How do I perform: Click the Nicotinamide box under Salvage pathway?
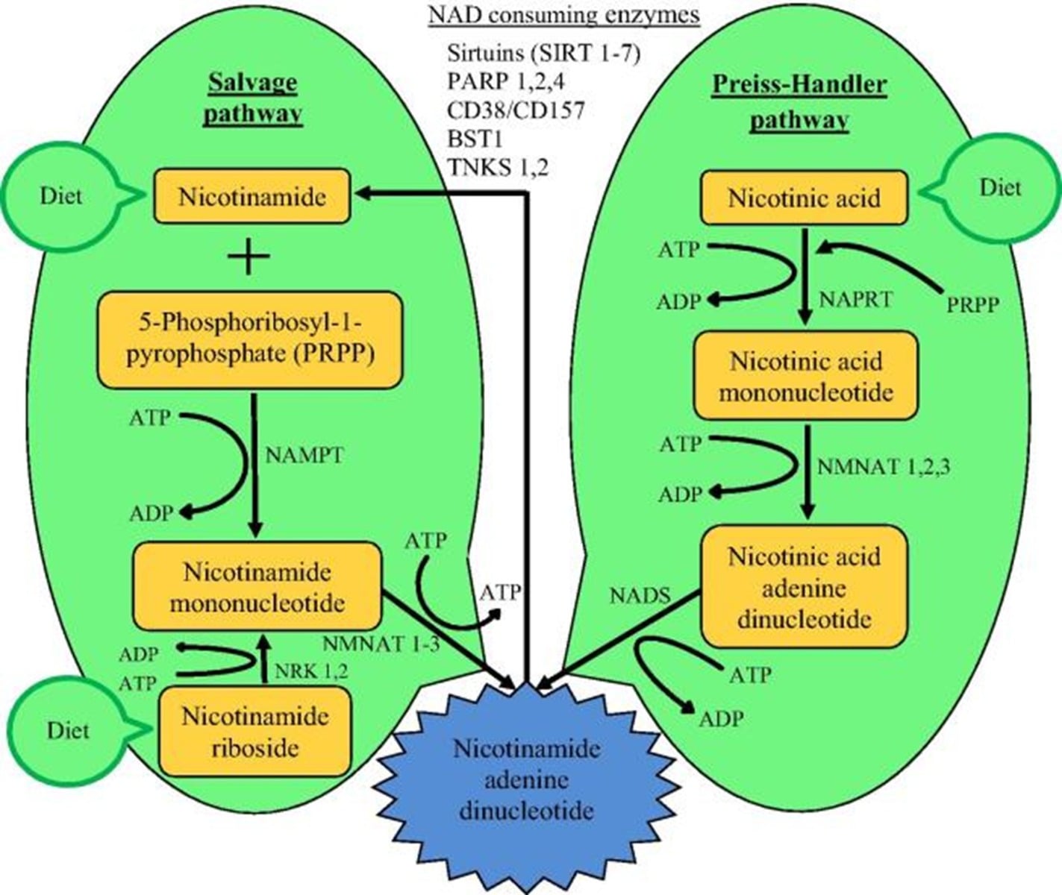[252, 197]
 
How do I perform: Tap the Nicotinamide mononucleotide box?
[257, 587]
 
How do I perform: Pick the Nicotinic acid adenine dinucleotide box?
[804, 587]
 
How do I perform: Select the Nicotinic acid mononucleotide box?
[805, 376]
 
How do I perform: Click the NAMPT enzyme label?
[304, 456]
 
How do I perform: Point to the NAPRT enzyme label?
[855, 300]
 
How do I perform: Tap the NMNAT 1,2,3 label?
[884, 468]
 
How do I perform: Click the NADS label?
[640, 596]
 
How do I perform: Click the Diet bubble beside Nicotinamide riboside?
[67, 729]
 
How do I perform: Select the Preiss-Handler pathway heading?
[799, 102]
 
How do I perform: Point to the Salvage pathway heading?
[252, 98]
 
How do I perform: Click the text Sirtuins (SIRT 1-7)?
[544, 54]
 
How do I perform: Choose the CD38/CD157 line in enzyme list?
[516, 110]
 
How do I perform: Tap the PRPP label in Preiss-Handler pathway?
[972, 304]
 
